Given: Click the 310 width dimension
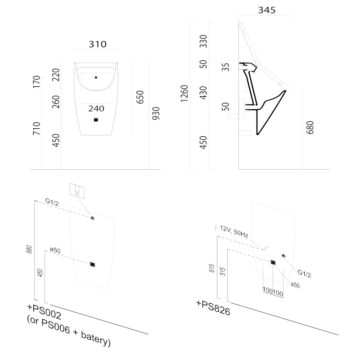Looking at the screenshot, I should [97, 44].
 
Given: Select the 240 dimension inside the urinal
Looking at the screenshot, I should [96, 108].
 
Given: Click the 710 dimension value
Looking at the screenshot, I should [37, 128].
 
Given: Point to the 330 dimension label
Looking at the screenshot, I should [203, 41].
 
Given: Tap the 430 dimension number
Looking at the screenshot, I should [203, 93].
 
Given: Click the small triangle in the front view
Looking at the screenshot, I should [96, 77].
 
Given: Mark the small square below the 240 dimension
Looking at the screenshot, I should [95, 120].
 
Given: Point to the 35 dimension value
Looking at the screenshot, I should [226, 67].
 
